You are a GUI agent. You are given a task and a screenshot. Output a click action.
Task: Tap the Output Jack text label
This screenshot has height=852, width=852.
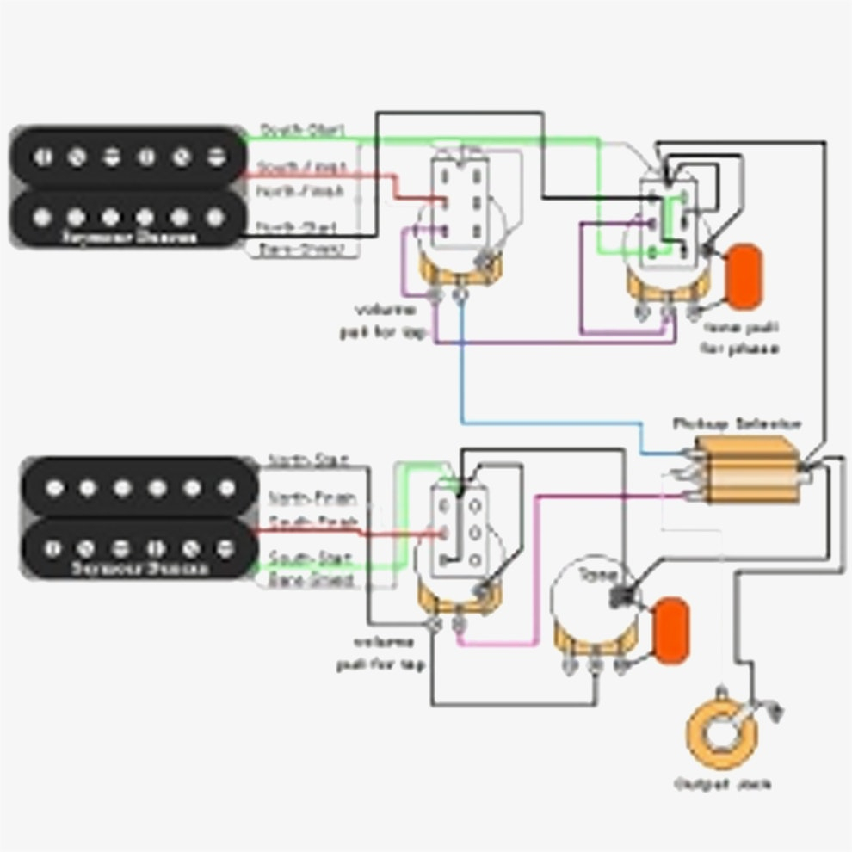click(x=723, y=784)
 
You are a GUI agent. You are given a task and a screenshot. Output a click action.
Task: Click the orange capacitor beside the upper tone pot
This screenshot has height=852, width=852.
click(x=744, y=275)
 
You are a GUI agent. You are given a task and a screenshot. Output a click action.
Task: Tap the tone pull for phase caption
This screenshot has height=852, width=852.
click(x=740, y=338)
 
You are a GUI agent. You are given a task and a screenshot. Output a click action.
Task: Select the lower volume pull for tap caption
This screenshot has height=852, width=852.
click(x=381, y=654)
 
